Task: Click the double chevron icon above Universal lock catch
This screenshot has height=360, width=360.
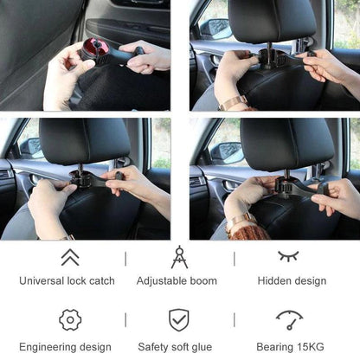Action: coord(70,257)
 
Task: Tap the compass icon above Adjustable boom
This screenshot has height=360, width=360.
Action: coord(179,257)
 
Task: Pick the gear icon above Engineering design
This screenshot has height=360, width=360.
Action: coord(70,320)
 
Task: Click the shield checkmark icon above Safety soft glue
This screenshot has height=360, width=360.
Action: coord(179,320)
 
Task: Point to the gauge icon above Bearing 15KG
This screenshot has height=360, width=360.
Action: coord(290,319)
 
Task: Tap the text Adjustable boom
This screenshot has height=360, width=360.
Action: coord(179,281)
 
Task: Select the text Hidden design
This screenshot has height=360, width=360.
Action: coord(292,281)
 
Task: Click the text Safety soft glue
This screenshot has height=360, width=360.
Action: coord(179,347)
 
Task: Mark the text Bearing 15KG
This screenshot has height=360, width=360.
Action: coord(290,347)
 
